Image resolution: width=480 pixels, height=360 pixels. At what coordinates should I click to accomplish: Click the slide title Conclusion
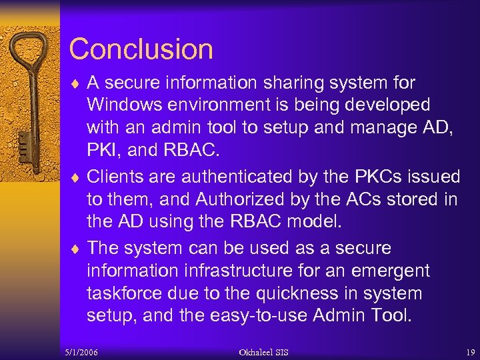pos(141,49)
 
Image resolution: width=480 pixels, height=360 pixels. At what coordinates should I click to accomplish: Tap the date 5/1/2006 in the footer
pos(82,351)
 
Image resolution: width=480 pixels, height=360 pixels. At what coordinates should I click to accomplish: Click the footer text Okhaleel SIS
pos(264,351)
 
